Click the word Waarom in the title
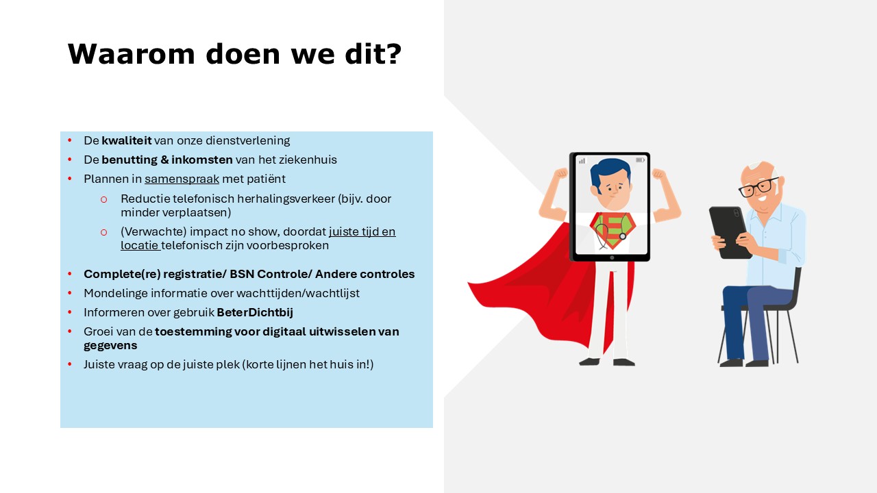click(x=131, y=53)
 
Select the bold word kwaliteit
click(x=127, y=140)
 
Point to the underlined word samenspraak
click(x=182, y=179)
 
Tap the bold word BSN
click(x=242, y=274)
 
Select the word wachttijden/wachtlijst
click(x=298, y=293)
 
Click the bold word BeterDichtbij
click(x=255, y=312)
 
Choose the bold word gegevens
click(x=110, y=346)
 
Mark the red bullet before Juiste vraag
click(x=70, y=364)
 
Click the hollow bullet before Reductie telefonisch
click(x=103, y=199)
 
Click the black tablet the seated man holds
click(x=729, y=232)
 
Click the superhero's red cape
click(x=548, y=290)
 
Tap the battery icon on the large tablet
click(x=640, y=160)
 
